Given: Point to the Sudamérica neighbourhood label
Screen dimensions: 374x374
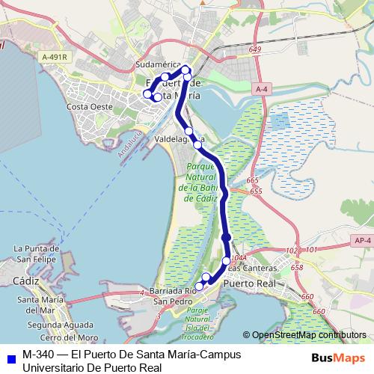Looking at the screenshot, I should click(159, 66).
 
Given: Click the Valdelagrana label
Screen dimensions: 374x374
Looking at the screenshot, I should click(180, 139).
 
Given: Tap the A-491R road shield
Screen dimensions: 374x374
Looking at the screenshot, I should click(54, 57).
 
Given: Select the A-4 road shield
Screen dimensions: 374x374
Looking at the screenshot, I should click(260, 89).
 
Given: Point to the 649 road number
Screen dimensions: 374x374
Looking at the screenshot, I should click(257, 49).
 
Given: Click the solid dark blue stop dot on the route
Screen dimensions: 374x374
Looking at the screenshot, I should click(227, 238).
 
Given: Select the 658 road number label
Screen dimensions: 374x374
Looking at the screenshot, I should click(297, 267).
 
